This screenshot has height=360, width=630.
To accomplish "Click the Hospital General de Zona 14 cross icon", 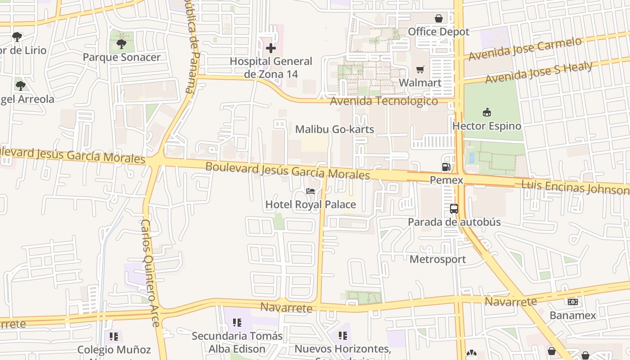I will (270, 48).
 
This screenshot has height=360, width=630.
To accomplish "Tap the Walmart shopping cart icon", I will (420, 69).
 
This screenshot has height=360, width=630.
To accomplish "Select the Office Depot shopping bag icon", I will (439, 18).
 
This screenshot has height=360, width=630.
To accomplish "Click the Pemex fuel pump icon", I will (446, 167).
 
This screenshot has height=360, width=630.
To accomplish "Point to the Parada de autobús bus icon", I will (454, 209).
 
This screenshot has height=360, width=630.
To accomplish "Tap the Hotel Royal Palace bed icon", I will (310, 191).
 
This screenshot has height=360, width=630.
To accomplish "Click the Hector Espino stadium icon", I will (486, 112).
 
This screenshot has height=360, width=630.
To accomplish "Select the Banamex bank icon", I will (573, 302).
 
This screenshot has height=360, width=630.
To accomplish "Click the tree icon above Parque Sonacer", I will (121, 44).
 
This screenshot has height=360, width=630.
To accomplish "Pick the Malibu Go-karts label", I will (334, 130).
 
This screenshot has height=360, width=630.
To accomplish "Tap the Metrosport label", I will (437, 259).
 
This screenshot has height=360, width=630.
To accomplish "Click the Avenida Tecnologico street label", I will (384, 101).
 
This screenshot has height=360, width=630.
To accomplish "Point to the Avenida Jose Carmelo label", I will (525, 49).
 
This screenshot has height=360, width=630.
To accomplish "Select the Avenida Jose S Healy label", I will (539, 72).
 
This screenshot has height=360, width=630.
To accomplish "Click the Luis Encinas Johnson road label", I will (575, 187).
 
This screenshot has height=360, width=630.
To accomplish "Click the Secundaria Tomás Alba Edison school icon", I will (237, 323).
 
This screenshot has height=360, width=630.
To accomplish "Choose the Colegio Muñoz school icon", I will (114, 336).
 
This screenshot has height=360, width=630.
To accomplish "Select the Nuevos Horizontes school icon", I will (343, 336).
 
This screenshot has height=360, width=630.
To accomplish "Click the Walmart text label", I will (420, 83).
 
